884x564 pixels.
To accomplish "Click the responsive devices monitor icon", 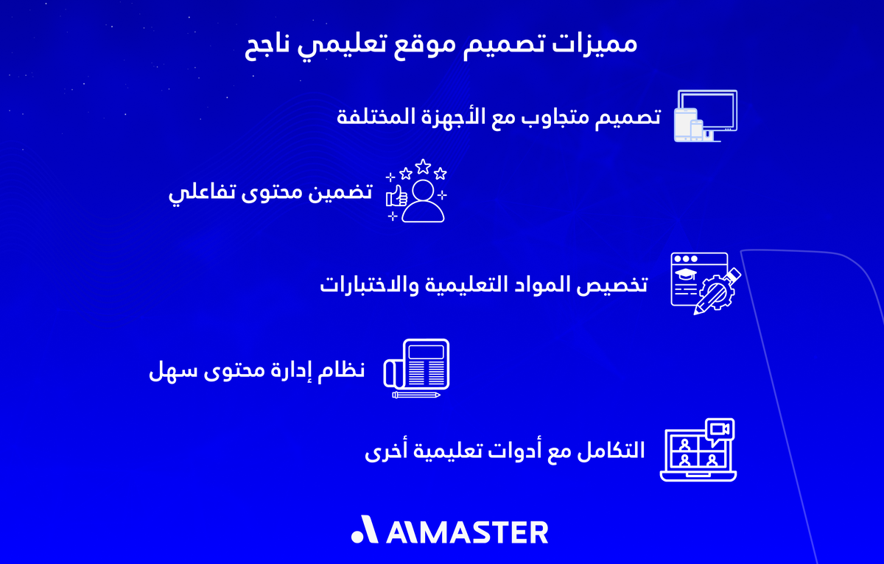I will (706, 115).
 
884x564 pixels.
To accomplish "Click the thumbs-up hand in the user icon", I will (397, 196).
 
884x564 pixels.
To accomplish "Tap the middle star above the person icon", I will (423, 166).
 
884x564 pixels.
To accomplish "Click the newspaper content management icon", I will (418, 364).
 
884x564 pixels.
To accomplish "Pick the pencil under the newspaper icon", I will (416, 395).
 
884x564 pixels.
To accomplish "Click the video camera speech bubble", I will (719, 430).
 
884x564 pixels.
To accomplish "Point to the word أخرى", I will (382, 451).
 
